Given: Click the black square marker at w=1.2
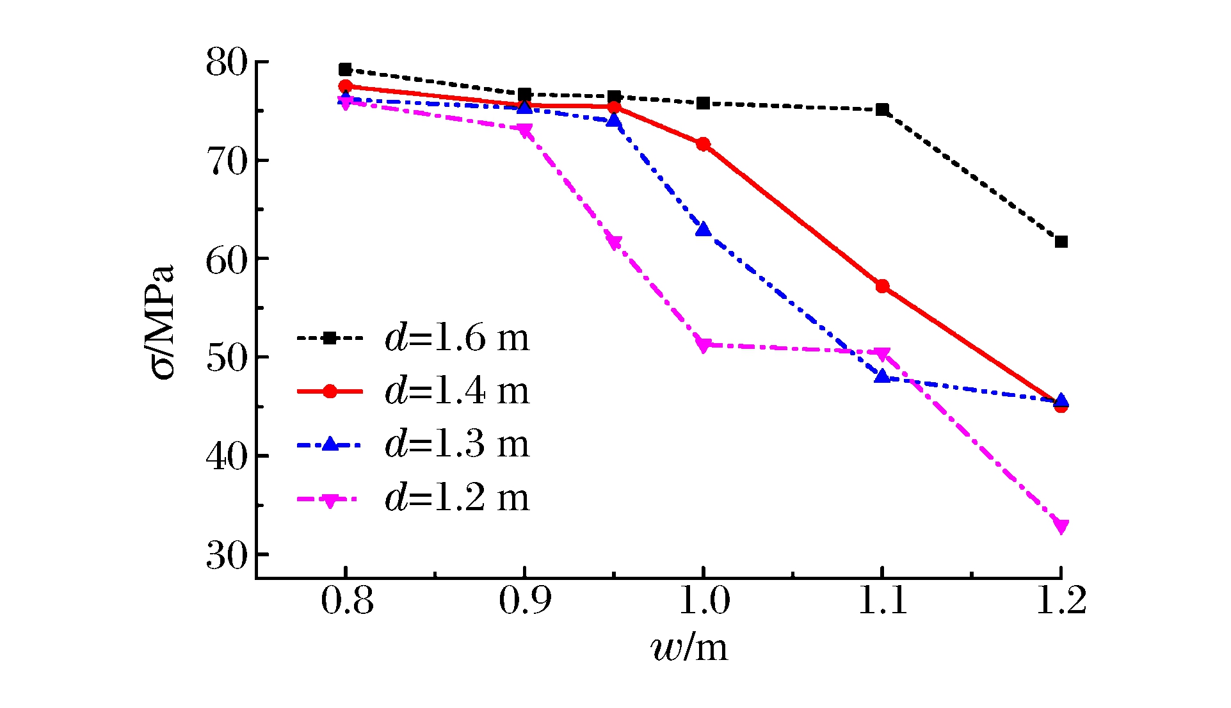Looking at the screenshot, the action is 1061,241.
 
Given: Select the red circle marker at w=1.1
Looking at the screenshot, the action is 882,286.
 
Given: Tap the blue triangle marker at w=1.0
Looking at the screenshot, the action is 703,229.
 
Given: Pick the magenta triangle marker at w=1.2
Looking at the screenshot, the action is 1061,526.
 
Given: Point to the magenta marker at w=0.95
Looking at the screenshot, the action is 613,243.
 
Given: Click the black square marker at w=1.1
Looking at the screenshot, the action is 882,109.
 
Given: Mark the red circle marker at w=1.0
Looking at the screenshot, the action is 703,144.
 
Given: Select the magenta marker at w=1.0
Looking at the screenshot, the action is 703,346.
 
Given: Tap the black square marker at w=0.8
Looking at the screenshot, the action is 345,69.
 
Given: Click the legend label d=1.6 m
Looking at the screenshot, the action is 457,337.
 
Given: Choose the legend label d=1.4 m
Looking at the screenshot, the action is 457,390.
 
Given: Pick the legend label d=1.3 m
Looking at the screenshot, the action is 457,444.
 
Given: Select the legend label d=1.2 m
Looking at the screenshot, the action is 457,497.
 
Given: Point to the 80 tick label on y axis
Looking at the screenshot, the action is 226,63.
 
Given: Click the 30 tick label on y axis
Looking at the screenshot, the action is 226,556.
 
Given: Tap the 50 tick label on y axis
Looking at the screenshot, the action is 226,358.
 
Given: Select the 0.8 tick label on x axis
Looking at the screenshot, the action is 346,601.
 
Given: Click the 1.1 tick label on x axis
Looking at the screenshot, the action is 882,601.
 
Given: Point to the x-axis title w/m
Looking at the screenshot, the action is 689,648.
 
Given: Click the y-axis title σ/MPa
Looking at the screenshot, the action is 161,321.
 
